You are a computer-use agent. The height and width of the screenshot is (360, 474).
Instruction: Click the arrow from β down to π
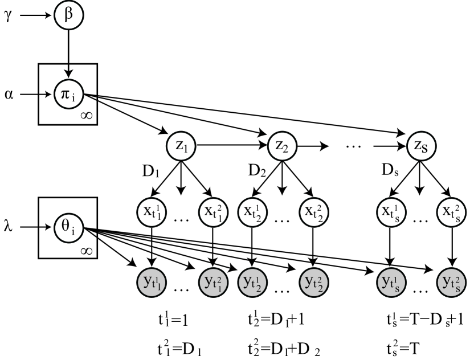[69, 54]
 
